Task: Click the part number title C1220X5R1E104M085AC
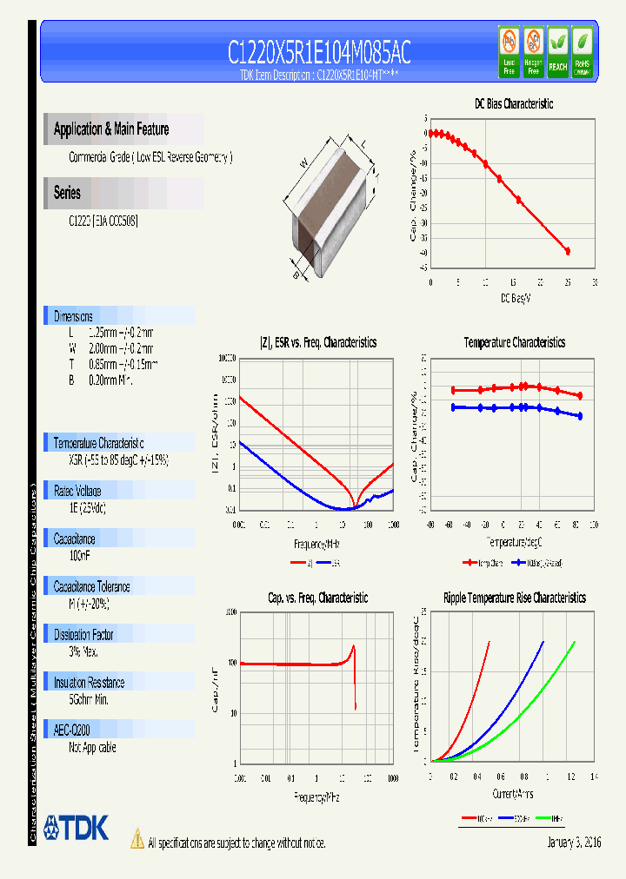point(318,52)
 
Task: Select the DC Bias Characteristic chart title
point(513,103)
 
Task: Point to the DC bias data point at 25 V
point(568,251)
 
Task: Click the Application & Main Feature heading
point(111,129)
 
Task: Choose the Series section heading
point(67,193)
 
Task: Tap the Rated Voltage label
point(77,491)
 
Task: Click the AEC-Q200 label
point(72,730)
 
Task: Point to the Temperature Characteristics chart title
point(514,342)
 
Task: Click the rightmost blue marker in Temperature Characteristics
point(580,416)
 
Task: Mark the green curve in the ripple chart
point(539,704)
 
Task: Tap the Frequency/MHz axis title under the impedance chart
point(316,545)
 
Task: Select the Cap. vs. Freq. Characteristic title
point(317,598)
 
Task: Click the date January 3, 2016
point(574,843)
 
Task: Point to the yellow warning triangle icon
point(137,838)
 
